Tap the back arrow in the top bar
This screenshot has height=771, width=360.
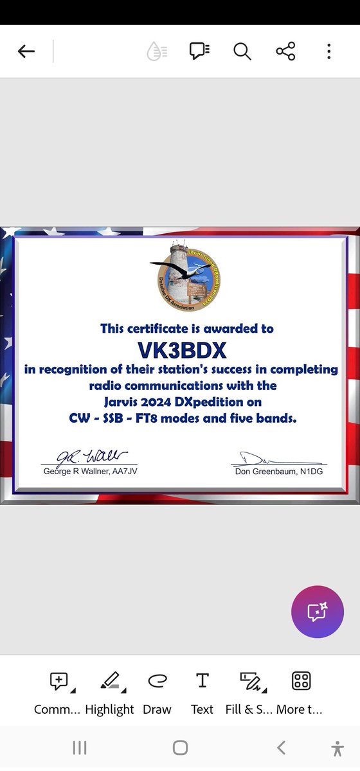(x=26, y=51)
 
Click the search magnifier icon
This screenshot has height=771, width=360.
(x=242, y=51)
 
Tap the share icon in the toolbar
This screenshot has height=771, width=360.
(x=285, y=51)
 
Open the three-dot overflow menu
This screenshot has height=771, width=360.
(x=328, y=51)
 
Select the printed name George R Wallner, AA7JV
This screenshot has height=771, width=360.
(x=89, y=471)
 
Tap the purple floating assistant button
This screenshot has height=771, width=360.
(x=318, y=612)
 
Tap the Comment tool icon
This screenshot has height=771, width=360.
(x=59, y=681)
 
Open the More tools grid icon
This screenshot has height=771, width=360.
(x=301, y=681)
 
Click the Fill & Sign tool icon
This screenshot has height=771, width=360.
(x=249, y=681)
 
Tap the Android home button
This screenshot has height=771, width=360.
(x=181, y=747)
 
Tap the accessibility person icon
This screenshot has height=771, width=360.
(x=337, y=747)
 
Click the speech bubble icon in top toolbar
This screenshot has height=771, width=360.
(x=200, y=51)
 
